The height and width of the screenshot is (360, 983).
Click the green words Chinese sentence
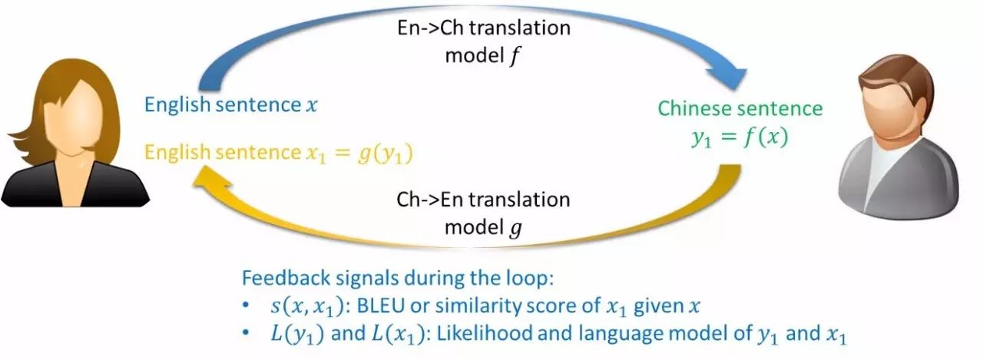740,107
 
